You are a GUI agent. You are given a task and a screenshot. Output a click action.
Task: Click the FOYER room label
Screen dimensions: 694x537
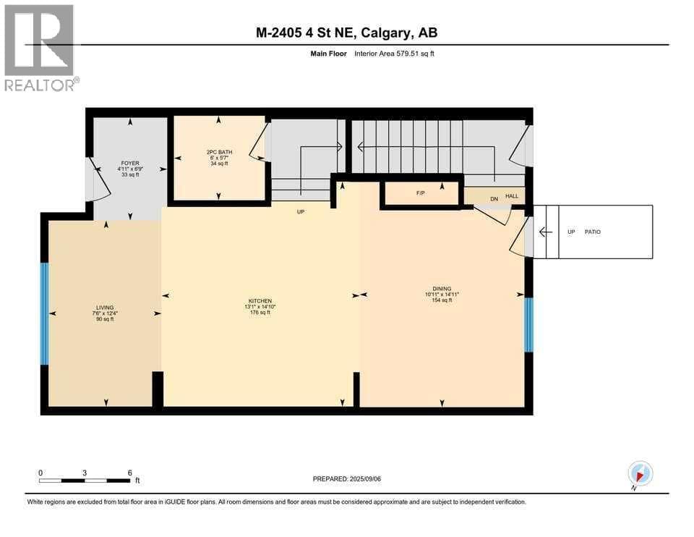click(130, 163)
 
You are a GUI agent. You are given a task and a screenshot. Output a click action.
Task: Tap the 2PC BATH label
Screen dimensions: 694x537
click(220, 152)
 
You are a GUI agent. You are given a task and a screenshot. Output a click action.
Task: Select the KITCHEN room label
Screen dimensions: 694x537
click(260, 301)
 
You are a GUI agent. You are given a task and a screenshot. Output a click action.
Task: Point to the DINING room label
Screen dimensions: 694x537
click(442, 289)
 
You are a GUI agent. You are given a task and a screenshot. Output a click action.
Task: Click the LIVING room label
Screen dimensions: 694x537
click(105, 308)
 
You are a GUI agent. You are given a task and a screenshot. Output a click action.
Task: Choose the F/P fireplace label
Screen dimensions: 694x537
click(421, 193)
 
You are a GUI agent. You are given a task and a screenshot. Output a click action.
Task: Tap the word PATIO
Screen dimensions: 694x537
click(593, 232)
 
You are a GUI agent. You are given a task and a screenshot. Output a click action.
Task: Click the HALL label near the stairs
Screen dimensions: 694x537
click(512, 196)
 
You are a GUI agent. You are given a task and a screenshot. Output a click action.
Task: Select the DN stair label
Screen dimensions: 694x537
click(494, 199)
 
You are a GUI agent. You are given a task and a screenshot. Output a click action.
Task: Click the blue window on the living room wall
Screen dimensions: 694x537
click(44, 313)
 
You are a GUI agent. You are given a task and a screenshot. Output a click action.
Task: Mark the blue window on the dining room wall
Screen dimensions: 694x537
click(529, 325)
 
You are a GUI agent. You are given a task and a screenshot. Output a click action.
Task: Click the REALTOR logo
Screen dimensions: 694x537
click(41, 48)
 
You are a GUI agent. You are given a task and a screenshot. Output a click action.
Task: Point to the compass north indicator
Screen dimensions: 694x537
click(640, 474)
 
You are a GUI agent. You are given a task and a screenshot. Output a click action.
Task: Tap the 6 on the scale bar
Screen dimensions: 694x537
click(129, 473)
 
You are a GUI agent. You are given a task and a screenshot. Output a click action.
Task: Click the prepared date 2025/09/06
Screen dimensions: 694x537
click(365, 479)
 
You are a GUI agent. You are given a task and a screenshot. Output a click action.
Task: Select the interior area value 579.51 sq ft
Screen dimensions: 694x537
click(414, 54)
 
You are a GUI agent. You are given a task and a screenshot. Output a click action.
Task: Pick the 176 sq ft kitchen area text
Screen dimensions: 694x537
click(260, 313)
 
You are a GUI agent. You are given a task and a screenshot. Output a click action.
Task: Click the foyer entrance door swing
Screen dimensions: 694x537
click(98, 179)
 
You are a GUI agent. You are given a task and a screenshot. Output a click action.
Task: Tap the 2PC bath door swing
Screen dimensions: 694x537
click(260, 143)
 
